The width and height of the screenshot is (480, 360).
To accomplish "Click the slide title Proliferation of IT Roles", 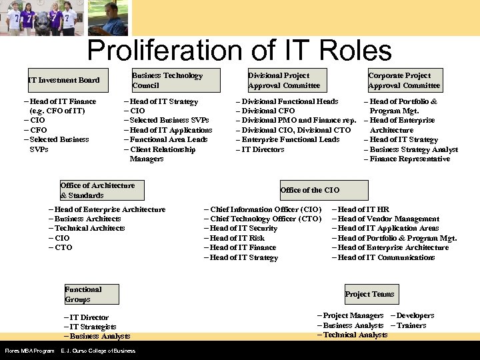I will click(239, 51).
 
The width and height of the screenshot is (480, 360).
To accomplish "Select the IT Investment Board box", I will click(63, 80).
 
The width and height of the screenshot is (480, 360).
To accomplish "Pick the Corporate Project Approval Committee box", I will click(404, 80).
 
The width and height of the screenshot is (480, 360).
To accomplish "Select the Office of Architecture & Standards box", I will click(97, 191).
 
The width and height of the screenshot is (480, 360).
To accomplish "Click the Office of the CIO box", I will click(310, 190).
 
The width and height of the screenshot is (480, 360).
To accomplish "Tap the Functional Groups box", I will click(91, 294).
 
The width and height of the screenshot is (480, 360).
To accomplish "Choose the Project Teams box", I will click(369, 294).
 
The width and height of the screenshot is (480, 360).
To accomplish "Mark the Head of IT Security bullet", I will click(243, 228).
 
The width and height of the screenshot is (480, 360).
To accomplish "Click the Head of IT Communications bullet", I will click(386, 257).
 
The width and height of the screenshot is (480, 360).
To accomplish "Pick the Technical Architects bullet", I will click(89, 228).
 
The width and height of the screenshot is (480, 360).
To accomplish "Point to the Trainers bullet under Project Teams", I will click(411, 325).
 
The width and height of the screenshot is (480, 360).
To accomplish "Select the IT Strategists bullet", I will click(93, 327).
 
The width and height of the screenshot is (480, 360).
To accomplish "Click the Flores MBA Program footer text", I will click(29, 351).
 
